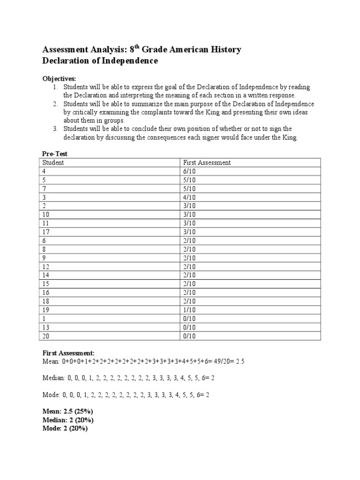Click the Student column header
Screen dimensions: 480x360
[x=53, y=163]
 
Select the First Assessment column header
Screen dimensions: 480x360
[x=206, y=163]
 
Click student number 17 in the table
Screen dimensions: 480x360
[x=46, y=232]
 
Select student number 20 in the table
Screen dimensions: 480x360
[x=46, y=336]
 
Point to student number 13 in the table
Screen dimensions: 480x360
[x=46, y=327]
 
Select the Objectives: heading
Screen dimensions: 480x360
[x=59, y=78]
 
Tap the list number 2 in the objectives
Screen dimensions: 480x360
[x=55, y=104]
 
